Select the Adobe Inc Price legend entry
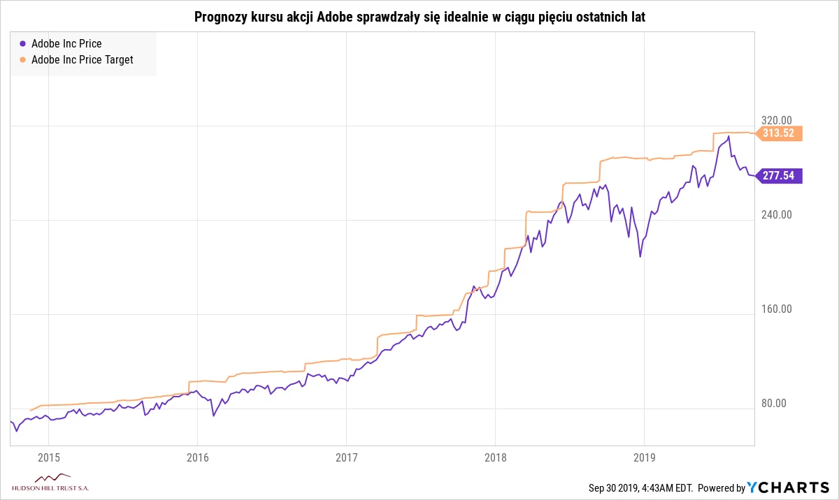coord(66,43)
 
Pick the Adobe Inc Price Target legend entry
coord(82,59)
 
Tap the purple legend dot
coord(23,43)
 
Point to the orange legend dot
coord(23,59)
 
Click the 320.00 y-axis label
coord(776,120)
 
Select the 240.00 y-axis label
coord(776,214)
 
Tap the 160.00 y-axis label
coord(776,309)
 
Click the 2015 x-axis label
coord(48,457)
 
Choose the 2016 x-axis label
coord(197,457)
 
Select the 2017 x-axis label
coord(346,457)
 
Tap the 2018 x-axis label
coord(495,457)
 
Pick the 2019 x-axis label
coord(644,457)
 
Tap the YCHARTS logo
coord(788,487)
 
